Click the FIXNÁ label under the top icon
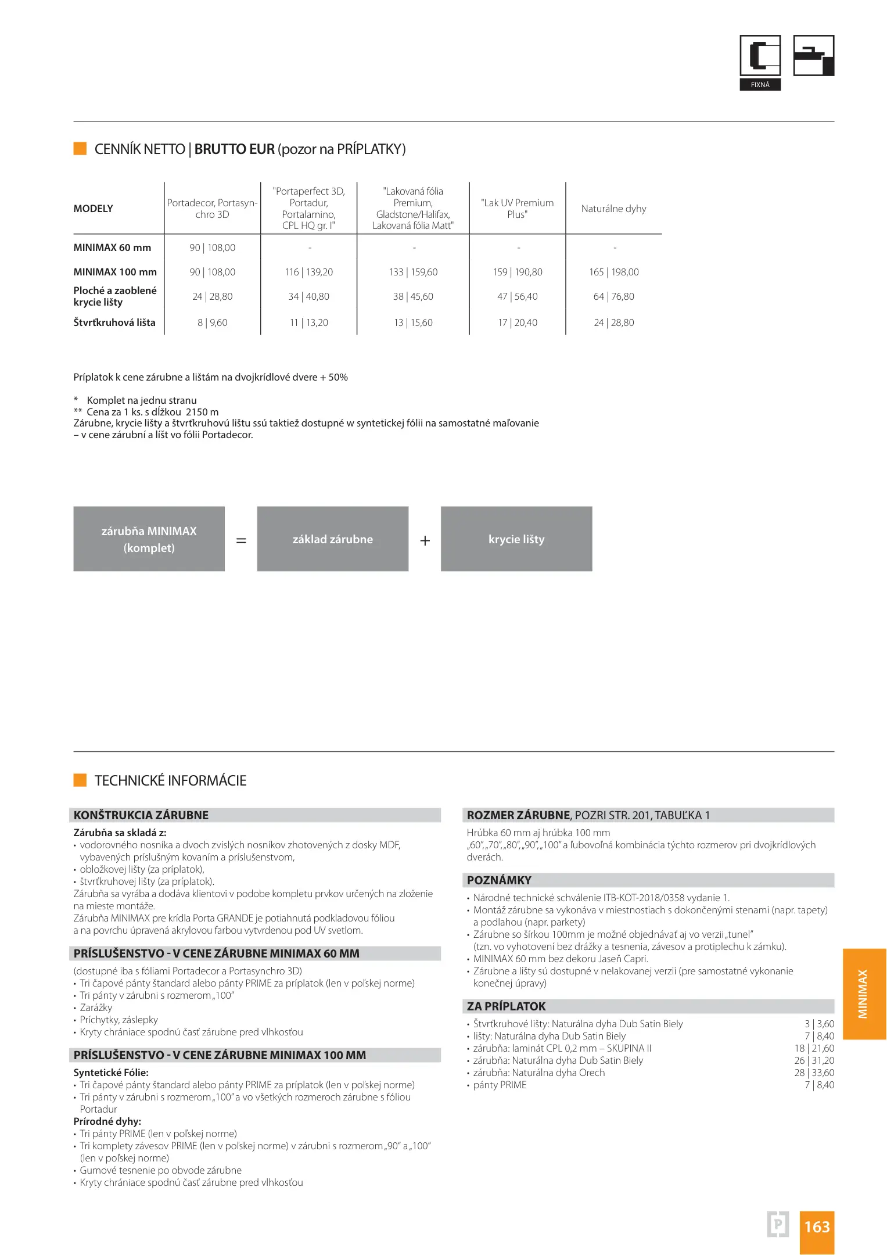click(760, 85)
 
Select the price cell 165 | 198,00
click(613, 272)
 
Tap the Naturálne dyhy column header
click(613, 209)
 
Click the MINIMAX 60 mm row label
click(112, 248)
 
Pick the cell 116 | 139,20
click(308, 272)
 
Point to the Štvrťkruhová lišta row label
click(114, 322)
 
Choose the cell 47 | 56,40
click(517, 296)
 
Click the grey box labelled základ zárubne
click(332, 539)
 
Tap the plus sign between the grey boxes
click(425, 541)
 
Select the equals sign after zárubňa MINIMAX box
click(241, 541)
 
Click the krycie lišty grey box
click(516, 539)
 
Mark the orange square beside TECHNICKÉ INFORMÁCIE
click(80, 780)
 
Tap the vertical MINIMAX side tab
click(863, 993)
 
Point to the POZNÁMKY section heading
click(499, 880)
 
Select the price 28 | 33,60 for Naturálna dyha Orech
click(814, 1073)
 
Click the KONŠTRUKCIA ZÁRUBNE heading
click(141, 815)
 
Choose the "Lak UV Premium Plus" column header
click(517, 209)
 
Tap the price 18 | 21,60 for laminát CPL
click(814, 1048)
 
